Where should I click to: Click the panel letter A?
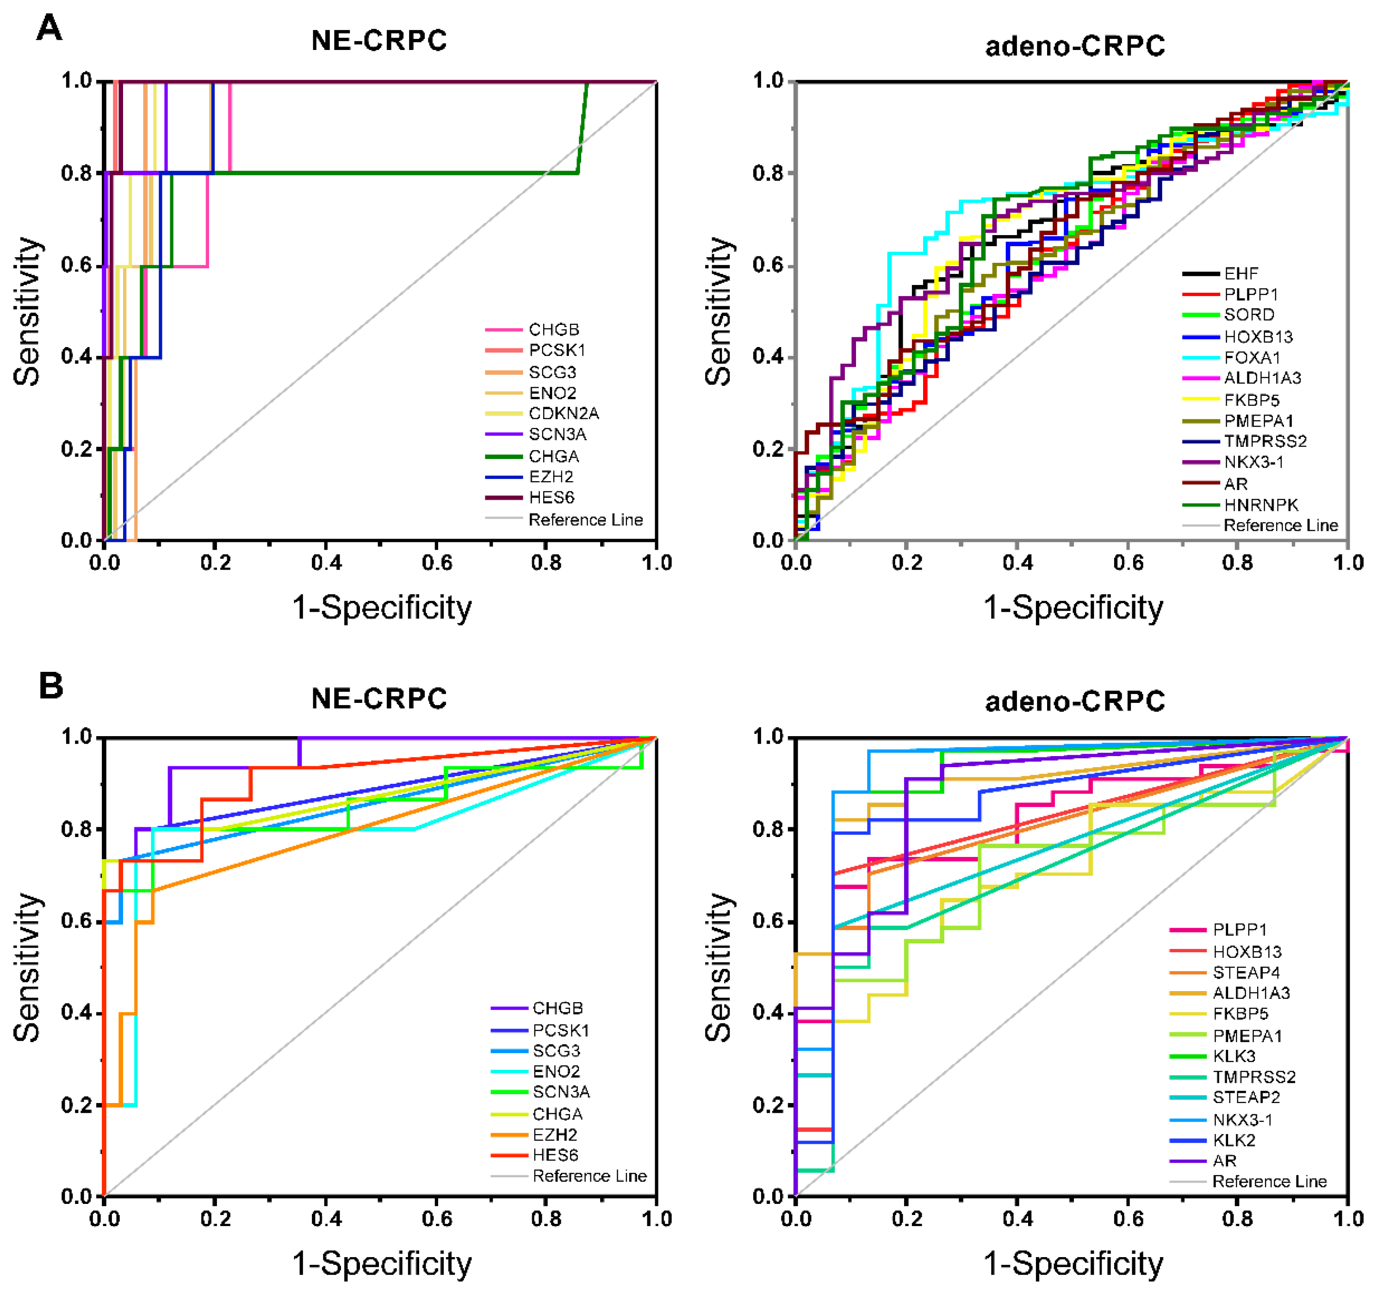pos(49,28)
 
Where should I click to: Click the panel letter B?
pos(50,686)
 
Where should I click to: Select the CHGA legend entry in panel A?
pos(553,456)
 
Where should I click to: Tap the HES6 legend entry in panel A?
pos(552,497)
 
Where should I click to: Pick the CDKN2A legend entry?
pos(563,414)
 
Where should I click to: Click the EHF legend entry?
pos(1241,273)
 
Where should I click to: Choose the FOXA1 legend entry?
pos(1252,357)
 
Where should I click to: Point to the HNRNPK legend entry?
pos(1261,505)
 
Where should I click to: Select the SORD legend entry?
pos(1249,315)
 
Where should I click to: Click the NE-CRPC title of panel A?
pos(379,41)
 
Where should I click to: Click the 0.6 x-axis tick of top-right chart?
pos(1128,563)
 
